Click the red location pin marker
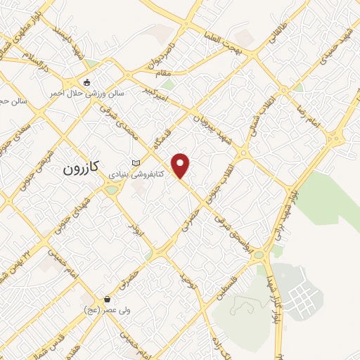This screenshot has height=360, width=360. tap(181, 165)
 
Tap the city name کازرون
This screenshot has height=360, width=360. tap(82, 168)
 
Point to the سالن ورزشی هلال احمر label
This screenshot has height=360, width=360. tap(86, 93)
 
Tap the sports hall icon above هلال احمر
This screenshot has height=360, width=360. tap(86, 83)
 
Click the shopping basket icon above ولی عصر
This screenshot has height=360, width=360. tap(106, 299)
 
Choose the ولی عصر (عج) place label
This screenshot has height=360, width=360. tap(103, 309)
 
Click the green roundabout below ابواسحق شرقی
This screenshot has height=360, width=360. tap(259, 255)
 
